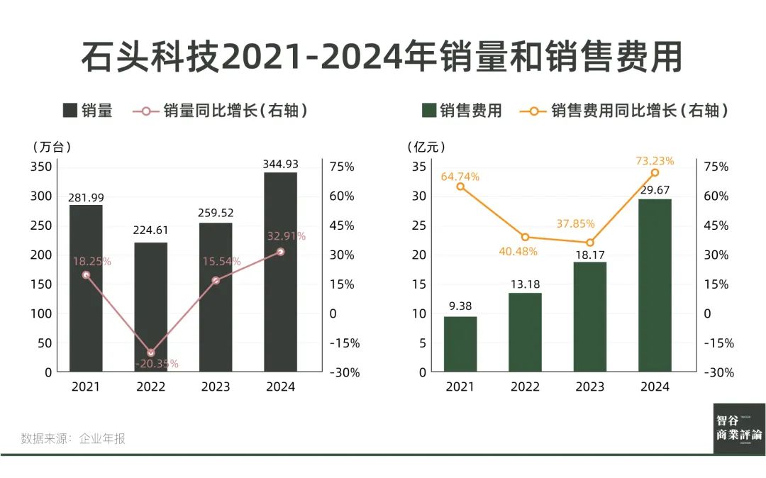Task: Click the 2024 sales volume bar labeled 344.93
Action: pyautogui.click(x=280, y=273)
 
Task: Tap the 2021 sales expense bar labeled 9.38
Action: pyautogui.click(x=460, y=344)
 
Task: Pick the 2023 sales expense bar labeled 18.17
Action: pyautogui.click(x=590, y=317)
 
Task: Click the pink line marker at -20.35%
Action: pyautogui.click(x=150, y=352)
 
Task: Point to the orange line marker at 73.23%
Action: pyautogui.click(x=655, y=172)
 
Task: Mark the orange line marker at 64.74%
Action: pyautogui.click(x=460, y=187)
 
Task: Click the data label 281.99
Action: pyautogui.click(x=86, y=197)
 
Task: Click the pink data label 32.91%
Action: pyautogui.click(x=287, y=236)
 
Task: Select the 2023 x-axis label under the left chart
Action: pyautogui.click(x=216, y=387)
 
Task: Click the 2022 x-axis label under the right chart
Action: pyautogui.click(x=525, y=387)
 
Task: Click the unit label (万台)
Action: pyautogui.click(x=52, y=147)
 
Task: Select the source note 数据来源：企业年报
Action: pyautogui.click(x=73, y=438)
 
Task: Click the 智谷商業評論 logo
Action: pyautogui.click(x=739, y=428)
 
